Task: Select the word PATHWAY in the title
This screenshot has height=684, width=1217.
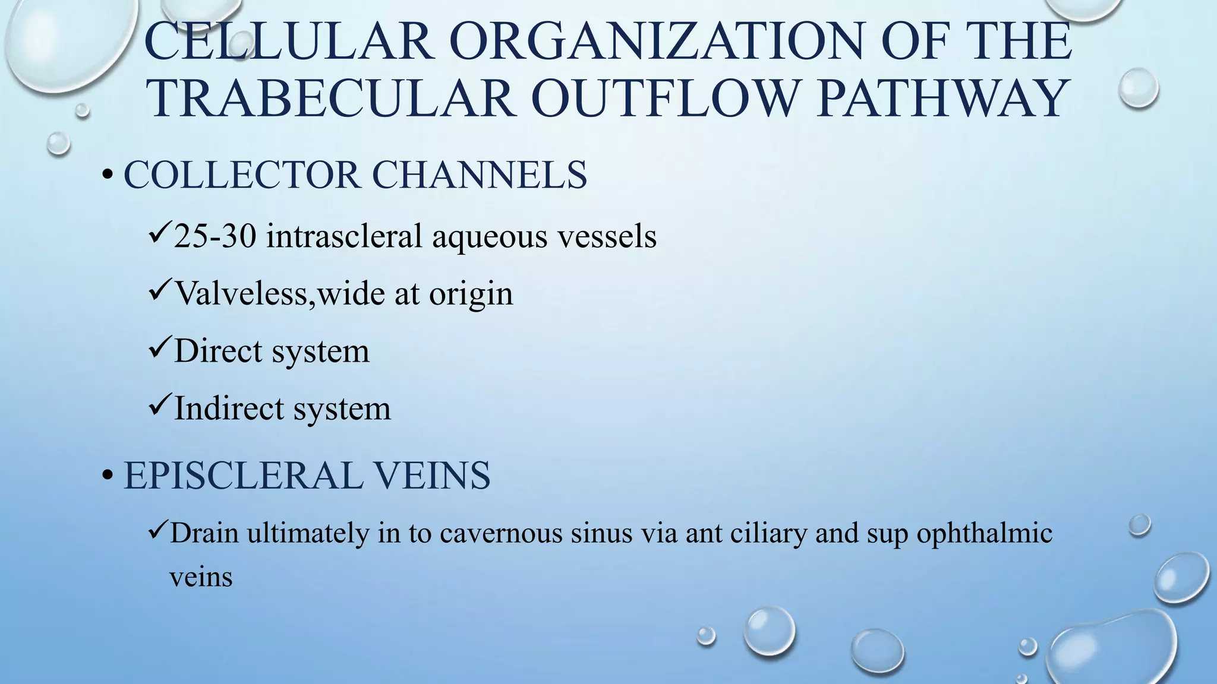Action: click(x=941, y=98)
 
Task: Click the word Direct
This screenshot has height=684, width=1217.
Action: click(x=218, y=351)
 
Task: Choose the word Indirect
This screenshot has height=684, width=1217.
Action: click(x=228, y=408)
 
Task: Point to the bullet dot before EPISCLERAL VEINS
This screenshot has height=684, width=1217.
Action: click(x=107, y=476)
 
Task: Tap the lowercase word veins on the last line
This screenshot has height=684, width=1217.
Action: click(x=201, y=577)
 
